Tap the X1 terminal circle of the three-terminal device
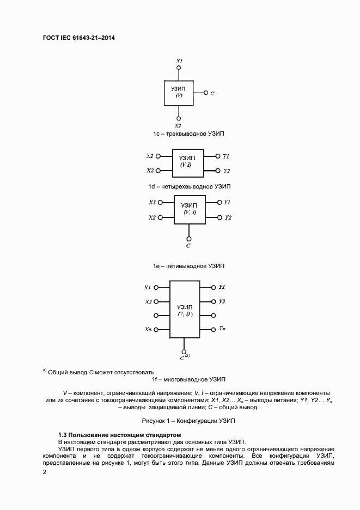179,69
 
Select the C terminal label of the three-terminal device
212,93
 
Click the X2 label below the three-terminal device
178,125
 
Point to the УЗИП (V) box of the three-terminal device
179,93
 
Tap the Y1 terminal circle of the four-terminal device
218,156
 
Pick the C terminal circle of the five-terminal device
188,238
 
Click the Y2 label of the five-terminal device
228,217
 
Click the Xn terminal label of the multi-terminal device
148,330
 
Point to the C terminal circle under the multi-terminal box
185,352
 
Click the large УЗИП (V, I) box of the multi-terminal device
185,310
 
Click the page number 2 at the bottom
45,472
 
